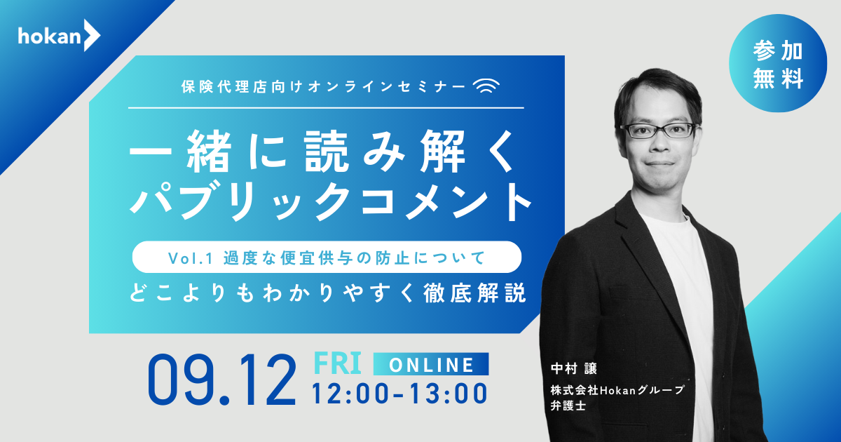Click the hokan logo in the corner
coord(59,35)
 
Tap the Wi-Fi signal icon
coord(486,86)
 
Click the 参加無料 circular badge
coord(778,63)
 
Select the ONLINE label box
coord(431,364)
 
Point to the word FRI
coord(337,363)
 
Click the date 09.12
coord(222,380)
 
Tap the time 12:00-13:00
coord(399,394)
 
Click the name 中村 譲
coord(574,368)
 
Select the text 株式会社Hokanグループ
coord(617,390)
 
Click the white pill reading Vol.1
coord(327,257)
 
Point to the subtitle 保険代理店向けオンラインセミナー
coord(324,86)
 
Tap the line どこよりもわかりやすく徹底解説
coord(328,293)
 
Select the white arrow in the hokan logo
coord(92,35)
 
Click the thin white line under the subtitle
coord(326,108)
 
